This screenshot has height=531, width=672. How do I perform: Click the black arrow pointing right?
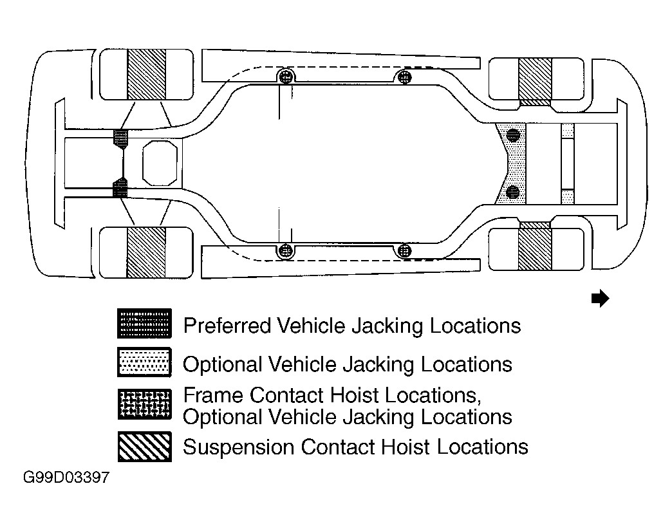tap(600, 298)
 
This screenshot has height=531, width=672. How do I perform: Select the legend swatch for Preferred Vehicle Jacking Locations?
tap(144, 324)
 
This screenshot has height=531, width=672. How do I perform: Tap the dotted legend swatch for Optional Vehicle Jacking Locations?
tap(144, 362)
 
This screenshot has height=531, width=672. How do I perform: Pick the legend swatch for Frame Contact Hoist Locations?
tap(144, 404)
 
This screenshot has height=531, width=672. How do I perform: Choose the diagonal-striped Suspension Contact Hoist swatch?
tap(144, 447)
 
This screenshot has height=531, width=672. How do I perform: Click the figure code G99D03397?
tap(66, 478)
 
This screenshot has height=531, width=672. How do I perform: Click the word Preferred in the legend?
tap(228, 326)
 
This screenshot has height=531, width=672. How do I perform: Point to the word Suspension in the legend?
tap(239, 447)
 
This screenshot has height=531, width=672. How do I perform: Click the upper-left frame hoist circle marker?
tap(286, 78)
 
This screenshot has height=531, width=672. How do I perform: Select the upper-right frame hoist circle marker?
tap(405, 78)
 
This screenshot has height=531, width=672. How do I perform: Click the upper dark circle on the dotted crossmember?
tap(513, 135)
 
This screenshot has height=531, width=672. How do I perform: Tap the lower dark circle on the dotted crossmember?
tap(513, 192)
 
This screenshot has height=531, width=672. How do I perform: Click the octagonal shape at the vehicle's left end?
tap(160, 163)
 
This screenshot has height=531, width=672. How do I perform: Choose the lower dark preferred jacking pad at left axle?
tap(120, 187)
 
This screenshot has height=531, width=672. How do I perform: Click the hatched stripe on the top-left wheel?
tap(147, 75)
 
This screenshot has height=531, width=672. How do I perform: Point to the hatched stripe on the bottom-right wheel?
tap(535, 250)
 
